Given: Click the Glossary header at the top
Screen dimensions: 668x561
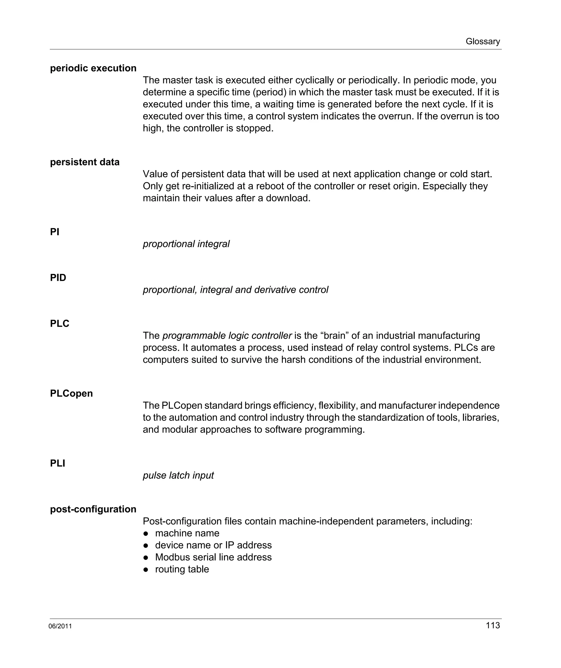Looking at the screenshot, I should pos(482,41).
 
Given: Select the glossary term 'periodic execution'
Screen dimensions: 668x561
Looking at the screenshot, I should pos(93,68).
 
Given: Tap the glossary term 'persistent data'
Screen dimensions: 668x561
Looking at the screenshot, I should pos(85,162).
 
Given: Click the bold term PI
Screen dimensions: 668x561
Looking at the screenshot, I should pos(55,232).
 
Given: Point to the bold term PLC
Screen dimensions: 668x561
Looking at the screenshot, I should pos(59,324).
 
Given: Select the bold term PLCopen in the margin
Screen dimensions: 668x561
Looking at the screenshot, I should pos(71,393).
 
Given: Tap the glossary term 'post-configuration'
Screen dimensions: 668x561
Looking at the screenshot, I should pos(93,509).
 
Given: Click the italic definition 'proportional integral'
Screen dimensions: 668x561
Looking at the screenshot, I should pos(186,244).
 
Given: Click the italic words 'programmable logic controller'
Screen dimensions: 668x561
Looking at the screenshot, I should pos(227,336).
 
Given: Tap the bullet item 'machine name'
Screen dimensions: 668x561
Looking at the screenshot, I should pos(187,533).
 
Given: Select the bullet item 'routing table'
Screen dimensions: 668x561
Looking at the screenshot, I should pos(182,569).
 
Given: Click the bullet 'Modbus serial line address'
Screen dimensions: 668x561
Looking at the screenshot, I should pos(213,557).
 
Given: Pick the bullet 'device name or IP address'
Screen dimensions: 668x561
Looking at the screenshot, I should pos(213,545).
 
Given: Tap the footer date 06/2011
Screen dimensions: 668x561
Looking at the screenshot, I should pos(60,626).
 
